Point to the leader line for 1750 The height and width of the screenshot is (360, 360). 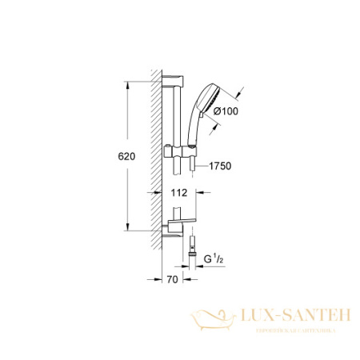[200, 166]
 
